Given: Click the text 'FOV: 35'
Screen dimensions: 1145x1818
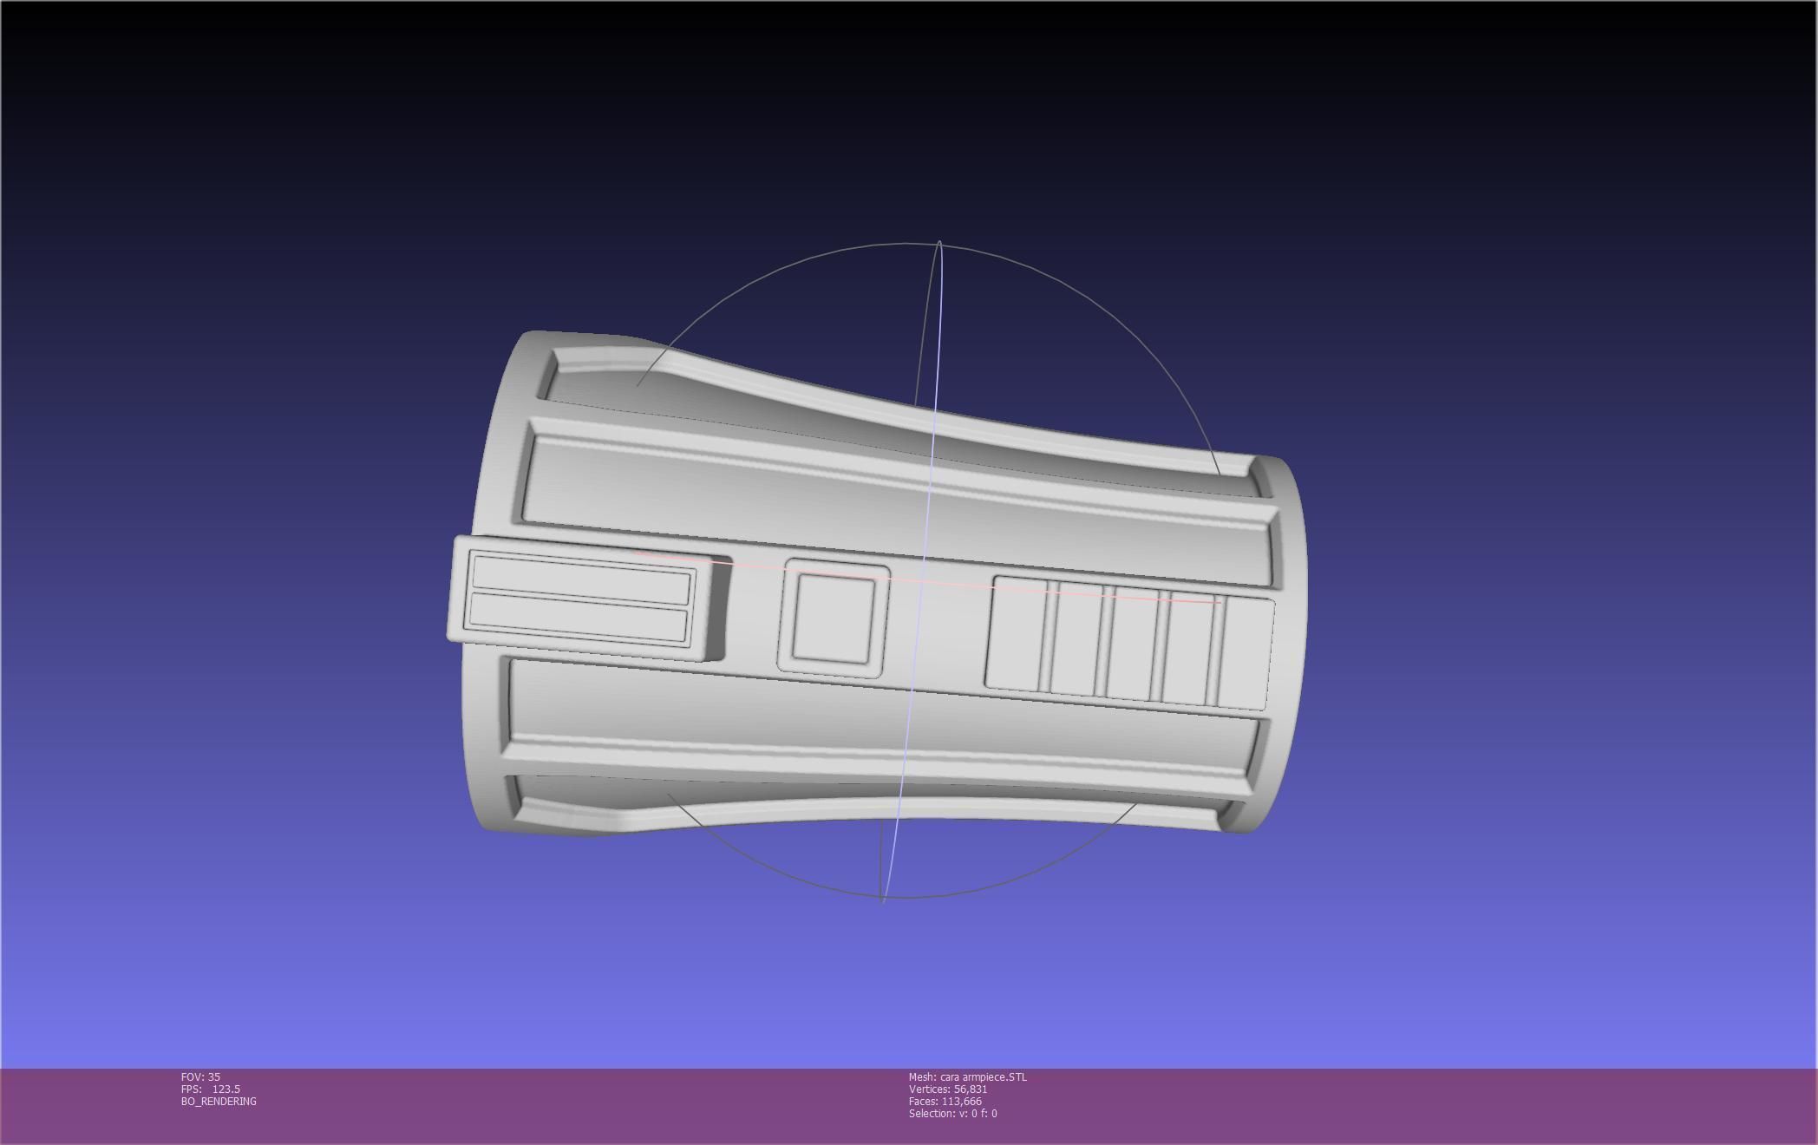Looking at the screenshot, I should coord(200,1076).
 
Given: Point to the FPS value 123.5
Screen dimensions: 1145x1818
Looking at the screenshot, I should coord(226,1089).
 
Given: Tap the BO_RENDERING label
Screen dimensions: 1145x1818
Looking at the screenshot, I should coord(219,1101).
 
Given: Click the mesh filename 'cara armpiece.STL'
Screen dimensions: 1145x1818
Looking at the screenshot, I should coord(983,1076).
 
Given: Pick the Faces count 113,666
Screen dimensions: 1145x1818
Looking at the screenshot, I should coord(960,1101).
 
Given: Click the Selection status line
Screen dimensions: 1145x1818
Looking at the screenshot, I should coord(952,1113).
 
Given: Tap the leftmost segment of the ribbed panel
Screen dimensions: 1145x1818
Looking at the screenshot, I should coord(1017,634).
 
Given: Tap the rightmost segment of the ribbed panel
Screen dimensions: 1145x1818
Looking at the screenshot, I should coord(1247,652).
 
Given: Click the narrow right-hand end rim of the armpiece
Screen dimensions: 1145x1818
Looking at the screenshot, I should coord(1288,642).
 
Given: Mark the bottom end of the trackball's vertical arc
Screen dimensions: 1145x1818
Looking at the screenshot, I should coord(883,900).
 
